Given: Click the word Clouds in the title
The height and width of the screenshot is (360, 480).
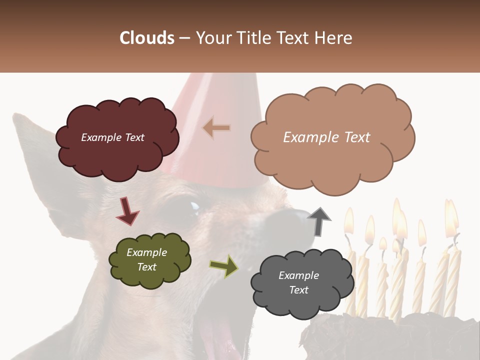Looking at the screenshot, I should click(x=147, y=38).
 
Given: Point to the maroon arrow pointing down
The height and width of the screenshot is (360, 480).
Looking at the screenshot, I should click(x=127, y=210).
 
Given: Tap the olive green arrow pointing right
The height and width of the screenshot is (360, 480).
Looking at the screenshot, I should click(x=224, y=266).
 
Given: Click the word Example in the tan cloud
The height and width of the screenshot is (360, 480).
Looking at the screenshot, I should click(x=306, y=137).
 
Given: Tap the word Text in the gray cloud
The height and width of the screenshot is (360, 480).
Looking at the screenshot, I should click(x=298, y=290).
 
